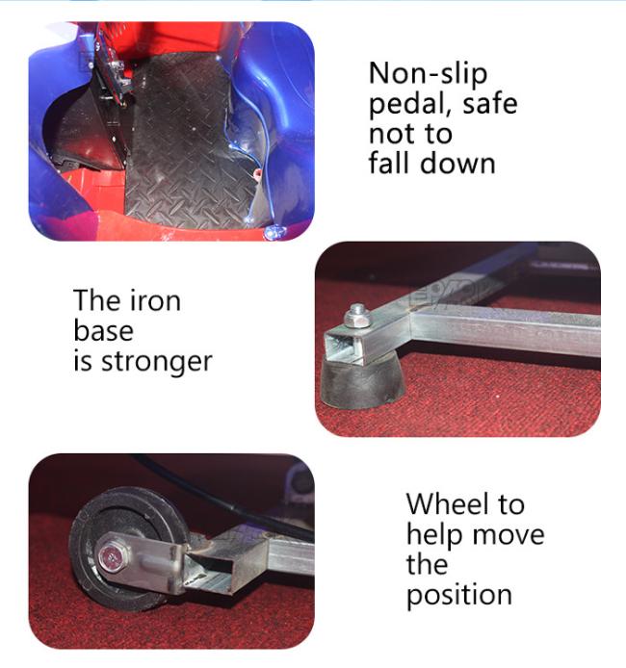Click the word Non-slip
click(x=428, y=74)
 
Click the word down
click(x=457, y=163)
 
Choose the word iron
click(x=154, y=299)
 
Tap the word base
click(x=103, y=330)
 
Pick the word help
click(x=434, y=535)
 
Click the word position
click(x=459, y=596)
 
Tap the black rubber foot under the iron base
click(x=362, y=381)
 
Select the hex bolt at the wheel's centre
click(x=111, y=556)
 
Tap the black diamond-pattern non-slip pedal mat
click(x=188, y=144)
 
